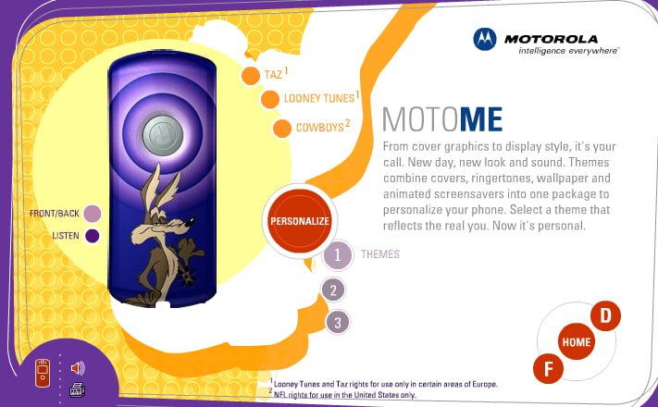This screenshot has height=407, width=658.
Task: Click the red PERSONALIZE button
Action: (x=299, y=221)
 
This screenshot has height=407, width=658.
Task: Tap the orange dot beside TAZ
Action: (x=251, y=76)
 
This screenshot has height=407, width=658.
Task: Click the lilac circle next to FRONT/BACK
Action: (x=93, y=214)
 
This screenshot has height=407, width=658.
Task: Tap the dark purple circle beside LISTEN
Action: (x=93, y=236)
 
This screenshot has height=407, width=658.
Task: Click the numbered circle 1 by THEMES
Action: (x=337, y=254)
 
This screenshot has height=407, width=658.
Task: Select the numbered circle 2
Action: (x=333, y=290)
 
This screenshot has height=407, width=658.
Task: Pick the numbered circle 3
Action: (x=338, y=322)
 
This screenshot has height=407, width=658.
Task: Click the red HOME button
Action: (x=577, y=341)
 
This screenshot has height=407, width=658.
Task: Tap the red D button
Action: (x=605, y=315)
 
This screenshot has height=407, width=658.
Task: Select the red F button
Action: (x=548, y=369)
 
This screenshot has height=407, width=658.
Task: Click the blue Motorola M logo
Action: (x=485, y=39)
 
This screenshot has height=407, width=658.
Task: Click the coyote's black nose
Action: (x=191, y=219)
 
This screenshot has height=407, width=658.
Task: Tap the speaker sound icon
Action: (x=78, y=368)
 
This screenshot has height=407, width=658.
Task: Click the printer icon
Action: (x=77, y=389)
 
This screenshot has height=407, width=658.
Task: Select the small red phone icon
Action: (x=43, y=373)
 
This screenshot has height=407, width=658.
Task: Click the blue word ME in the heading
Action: (x=481, y=119)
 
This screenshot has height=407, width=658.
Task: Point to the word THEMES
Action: (x=380, y=254)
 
